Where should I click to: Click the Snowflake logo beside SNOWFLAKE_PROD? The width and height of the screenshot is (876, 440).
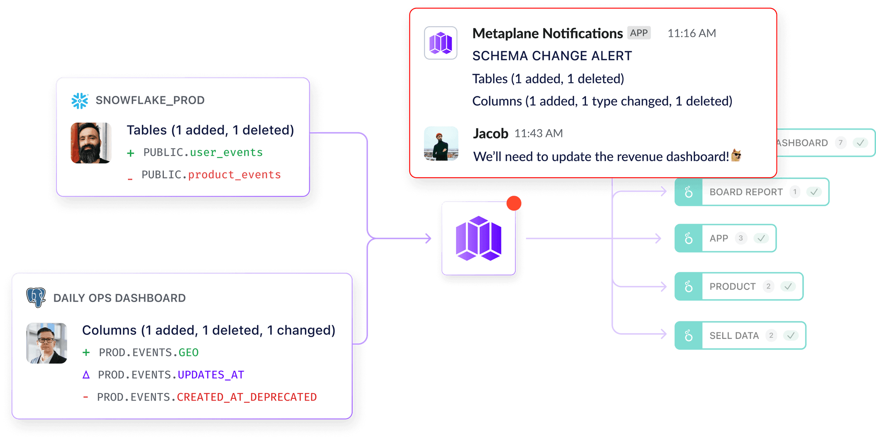(x=80, y=101)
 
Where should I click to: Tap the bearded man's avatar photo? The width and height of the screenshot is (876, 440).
(x=91, y=143)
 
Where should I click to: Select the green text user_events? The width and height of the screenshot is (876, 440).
(x=226, y=152)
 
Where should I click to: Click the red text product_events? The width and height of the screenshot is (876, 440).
(x=234, y=175)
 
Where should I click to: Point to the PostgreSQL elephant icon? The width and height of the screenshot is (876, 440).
(x=36, y=297)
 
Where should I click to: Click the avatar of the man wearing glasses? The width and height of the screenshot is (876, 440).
(x=47, y=343)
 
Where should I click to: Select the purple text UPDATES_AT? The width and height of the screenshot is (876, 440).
(x=211, y=375)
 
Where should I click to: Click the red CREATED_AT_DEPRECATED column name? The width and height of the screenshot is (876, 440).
(x=247, y=397)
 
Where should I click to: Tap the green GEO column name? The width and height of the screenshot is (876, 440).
(x=188, y=352)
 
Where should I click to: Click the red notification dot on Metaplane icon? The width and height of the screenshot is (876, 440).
(x=514, y=204)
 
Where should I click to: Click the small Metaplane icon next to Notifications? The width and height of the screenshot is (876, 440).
(x=441, y=43)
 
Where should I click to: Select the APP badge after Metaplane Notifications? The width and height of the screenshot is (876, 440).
(x=639, y=33)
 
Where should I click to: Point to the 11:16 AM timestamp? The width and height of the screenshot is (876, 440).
(x=692, y=33)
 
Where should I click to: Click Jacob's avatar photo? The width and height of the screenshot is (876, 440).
(x=441, y=144)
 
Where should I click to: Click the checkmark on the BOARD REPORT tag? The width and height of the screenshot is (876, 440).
(x=814, y=192)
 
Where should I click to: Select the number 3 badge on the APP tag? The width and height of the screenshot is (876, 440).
(x=741, y=238)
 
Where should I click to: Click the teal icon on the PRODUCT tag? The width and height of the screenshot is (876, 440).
(x=689, y=286)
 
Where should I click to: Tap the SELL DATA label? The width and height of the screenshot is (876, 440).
(x=734, y=336)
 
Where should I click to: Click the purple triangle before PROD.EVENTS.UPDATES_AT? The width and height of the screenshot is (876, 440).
(x=86, y=375)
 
